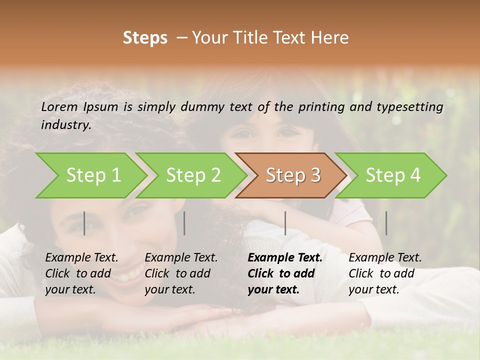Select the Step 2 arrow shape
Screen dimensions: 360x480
pos(193,175)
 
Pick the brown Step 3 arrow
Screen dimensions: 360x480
pos(293,175)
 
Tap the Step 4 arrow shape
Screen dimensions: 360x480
pos(393,175)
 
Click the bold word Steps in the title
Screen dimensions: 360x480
pos(145,38)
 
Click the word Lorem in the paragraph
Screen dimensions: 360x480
pos(59,106)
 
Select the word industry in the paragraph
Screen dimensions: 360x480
pos(65,124)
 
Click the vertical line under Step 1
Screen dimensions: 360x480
pos(84,223)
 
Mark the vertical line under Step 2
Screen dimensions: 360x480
pos(184,223)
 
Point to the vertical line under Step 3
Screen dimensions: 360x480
pos(285,223)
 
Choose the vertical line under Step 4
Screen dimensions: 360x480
pos(386,223)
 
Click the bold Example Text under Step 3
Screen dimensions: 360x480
pos(285,257)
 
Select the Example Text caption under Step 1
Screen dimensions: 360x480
pos(81,257)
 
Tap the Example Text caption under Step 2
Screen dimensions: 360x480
pos(181,257)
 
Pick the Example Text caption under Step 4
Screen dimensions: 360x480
pos(385,257)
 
